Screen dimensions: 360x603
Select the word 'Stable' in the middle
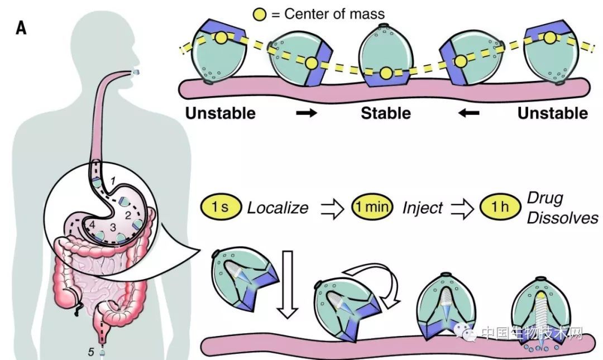pyautogui.click(x=386, y=113)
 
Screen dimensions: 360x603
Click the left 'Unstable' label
pyautogui.click(x=220, y=113)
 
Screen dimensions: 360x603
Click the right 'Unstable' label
pyautogui.click(x=552, y=113)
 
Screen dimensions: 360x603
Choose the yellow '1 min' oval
pyautogui.click(x=372, y=208)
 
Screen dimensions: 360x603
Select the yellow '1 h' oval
pyautogui.click(x=496, y=208)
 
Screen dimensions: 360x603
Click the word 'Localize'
pyautogui.click(x=277, y=208)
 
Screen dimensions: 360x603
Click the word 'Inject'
pyautogui.click(x=422, y=208)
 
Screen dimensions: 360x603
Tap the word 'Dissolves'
pyautogui.click(x=563, y=217)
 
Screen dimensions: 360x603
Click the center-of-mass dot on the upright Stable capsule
pyautogui.click(x=386, y=73)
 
